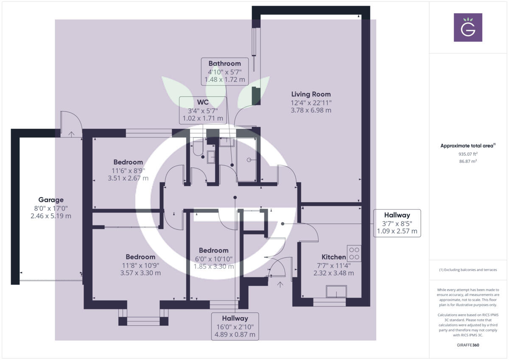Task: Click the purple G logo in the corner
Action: (468, 27)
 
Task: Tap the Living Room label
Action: (311, 94)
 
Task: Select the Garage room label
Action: (51, 200)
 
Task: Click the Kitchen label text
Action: (334, 257)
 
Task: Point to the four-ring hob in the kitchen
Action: (354, 253)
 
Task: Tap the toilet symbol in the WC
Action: (198, 148)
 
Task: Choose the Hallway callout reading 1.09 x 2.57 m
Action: (397, 223)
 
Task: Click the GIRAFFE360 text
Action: (468, 345)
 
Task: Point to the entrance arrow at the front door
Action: (280, 285)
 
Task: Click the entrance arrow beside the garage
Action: (71, 134)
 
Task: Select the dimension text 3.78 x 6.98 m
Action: (311, 110)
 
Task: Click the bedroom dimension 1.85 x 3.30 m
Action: (214, 267)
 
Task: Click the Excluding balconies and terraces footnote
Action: (468, 270)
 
